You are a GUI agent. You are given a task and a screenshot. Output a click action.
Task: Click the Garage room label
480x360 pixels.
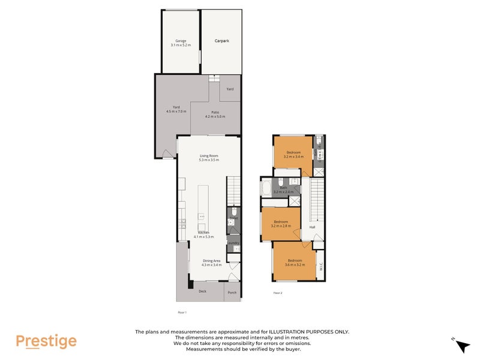pyautogui.click(x=181, y=43)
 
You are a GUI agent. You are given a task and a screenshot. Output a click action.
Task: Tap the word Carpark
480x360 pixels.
pyautogui.click(x=222, y=41)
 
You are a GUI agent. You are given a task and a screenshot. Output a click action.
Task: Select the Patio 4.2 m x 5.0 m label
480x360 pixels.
pyautogui.click(x=214, y=114)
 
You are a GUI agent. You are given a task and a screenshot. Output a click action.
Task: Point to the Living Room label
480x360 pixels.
pyautogui.click(x=209, y=158)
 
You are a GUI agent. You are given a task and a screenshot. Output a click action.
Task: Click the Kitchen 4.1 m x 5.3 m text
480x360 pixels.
pyautogui.click(x=203, y=234)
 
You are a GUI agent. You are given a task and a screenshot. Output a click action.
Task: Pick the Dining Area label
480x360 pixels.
pyautogui.click(x=212, y=262)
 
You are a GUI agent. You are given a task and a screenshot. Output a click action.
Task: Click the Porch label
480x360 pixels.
pyautogui.click(x=232, y=293)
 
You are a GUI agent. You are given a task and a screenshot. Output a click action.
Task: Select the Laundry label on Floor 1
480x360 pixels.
pyautogui.click(x=233, y=243)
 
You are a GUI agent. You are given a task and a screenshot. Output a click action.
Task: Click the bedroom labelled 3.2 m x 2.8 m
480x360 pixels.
pyautogui.click(x=281, y=224)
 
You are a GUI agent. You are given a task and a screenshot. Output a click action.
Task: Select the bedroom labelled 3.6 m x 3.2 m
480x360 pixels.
pyautogui.click(x=293, y=263)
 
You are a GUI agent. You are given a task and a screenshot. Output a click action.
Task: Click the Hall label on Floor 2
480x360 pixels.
pyautogui.click(x=312, y=227)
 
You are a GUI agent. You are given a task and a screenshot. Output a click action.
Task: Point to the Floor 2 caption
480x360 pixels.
pyautogui.click(x=278, y=293)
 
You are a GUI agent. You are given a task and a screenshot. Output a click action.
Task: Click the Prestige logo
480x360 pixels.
pyautogui.click(x=46, y=341)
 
